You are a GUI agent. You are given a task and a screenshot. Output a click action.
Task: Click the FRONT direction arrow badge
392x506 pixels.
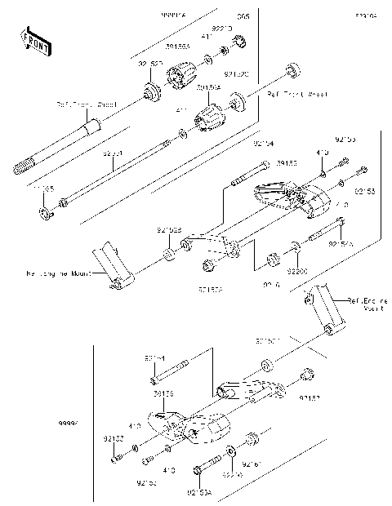point(32,40)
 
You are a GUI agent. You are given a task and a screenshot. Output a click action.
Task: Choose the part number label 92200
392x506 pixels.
point(297,268)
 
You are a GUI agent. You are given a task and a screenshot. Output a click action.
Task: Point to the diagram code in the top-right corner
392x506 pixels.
point(365,15)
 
